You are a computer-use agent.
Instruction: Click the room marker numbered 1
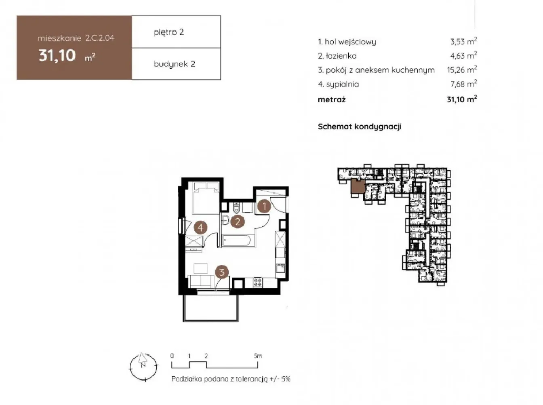pos(264,206)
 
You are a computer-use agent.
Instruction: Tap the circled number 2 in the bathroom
pos(237,221)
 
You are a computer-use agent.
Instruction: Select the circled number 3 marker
pos(221,272)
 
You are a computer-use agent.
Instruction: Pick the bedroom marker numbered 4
pos(200,227)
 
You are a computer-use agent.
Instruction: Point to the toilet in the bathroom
pos(236,208)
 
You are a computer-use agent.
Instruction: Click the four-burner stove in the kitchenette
pos(258,283)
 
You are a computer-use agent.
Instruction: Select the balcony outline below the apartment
pos(210,308)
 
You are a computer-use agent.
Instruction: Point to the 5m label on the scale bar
pos(258,356)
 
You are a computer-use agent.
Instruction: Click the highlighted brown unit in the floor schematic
pos(358,187)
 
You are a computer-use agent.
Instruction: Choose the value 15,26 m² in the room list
pos(462,70)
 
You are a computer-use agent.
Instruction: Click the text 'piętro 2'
pos(169,32)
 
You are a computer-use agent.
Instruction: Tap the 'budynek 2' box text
pos(175,64)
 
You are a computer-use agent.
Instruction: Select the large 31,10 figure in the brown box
pos(57,55)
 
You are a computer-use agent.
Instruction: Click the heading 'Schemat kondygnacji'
pos(360,127)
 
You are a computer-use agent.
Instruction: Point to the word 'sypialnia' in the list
pos(342,84)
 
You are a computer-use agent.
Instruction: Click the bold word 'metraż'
pos(331,100)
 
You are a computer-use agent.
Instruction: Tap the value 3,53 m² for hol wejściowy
pos(463,41)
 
